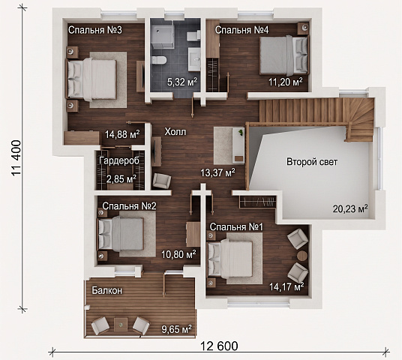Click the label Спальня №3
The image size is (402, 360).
(x=95, y=30)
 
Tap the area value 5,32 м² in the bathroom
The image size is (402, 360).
(x=182, y=82)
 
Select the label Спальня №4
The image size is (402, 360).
(x=241, y=30)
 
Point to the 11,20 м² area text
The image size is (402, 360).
(x=286, y=82)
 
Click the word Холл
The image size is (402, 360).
(x=175, y=132)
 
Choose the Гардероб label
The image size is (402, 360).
(x=119, y=160)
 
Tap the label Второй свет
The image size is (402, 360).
(x=312, y=162)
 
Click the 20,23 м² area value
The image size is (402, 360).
(x=350, y=208)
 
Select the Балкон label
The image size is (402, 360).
(x=107, y=290)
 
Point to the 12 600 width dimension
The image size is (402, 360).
(x=219, y=346)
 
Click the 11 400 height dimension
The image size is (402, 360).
(x=16, y=157)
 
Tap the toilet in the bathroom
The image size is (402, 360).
(x=159, y=60)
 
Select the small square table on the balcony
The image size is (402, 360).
(x=121, y=325)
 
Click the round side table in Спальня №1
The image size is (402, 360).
(x=302, y=256)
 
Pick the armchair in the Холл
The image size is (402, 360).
(x=161, y=181)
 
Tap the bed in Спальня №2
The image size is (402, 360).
(x=121, y=234)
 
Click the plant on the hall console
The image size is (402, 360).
(x=241, y=133)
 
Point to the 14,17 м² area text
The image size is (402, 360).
(x=286, y=286)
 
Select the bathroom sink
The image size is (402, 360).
(x=194, y=59)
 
